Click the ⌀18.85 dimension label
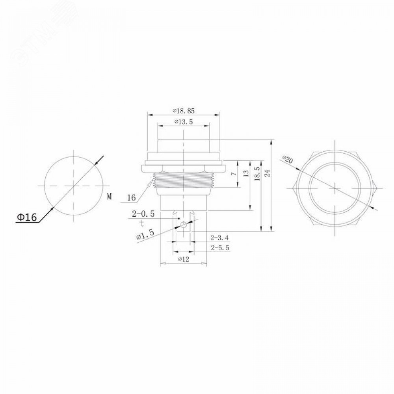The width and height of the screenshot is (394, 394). tap(184, 111)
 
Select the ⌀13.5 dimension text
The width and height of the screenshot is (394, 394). tap(183, 122)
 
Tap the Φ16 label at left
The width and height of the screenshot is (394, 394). tap(26, 217)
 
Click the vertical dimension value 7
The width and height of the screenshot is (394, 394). tap(234, 173)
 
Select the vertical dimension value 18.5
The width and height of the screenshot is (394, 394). tap(257, 173)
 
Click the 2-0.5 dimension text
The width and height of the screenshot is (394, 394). tap(143, 214)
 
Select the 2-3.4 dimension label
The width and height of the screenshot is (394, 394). tap(220, 238)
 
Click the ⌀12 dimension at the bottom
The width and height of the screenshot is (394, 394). tap(184, 259)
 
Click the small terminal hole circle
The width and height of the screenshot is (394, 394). tap(184, 225)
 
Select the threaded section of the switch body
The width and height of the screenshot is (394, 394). tap(184, 181)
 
